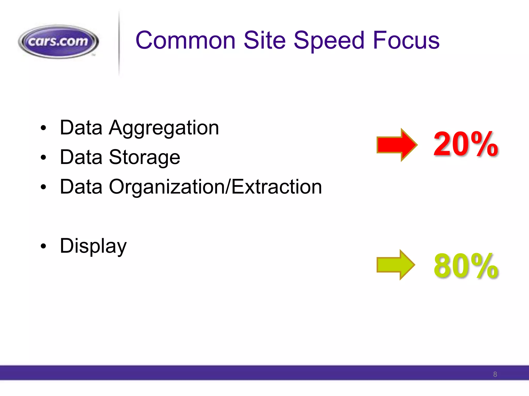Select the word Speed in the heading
tap(329, 41)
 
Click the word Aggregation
tap(164, 128)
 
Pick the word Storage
tap(144, 158)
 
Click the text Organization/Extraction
tap(215, 187)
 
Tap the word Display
tap(93, 246)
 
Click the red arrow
tap(396, 145)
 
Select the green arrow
tap(395, 265)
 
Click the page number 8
tap(495, 374)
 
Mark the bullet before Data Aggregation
tap(43, 128)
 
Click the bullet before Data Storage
tap(43, 158)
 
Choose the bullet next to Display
tap(43, 246)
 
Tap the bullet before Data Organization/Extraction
tap(43, 187)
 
